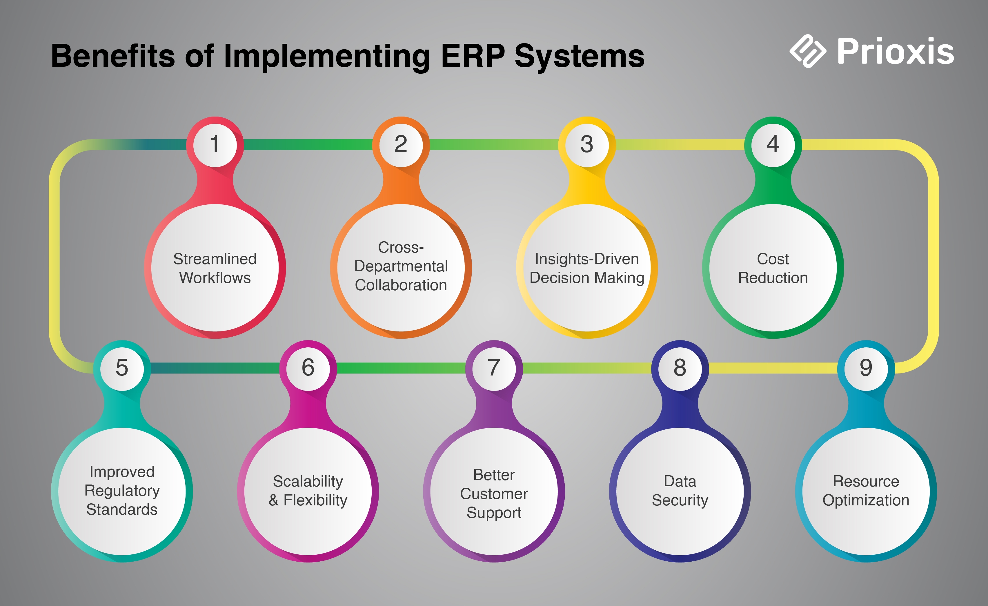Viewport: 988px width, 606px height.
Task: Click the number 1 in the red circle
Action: click(215, 144)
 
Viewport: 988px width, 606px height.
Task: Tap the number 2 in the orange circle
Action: click(401, 144)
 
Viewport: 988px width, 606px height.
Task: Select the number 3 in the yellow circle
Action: click(587, 144)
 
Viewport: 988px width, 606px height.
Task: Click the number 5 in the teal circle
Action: click(122, 367)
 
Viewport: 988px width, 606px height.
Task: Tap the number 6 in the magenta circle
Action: click(308, 367)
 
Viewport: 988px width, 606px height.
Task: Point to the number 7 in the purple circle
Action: click(494, 367)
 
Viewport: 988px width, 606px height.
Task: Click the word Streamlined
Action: click(215, 259)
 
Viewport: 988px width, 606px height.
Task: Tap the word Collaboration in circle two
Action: click(401, 285)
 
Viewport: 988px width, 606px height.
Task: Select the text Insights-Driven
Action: click(587, 259)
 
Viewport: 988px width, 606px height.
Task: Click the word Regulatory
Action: click(122, 491)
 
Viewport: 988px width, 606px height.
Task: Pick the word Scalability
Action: click(308, 481)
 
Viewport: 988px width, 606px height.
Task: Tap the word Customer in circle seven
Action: click(494, 494)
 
